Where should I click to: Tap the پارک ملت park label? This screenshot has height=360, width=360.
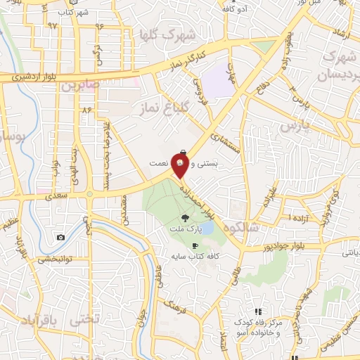click(x=184, y=229)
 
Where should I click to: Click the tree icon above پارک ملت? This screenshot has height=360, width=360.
click(x=184, y=218)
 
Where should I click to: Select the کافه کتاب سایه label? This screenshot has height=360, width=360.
click(x=185, y=257)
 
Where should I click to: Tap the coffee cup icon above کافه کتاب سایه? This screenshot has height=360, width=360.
click(x=185, y=246)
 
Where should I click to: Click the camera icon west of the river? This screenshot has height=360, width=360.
click(x=60, y=238)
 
